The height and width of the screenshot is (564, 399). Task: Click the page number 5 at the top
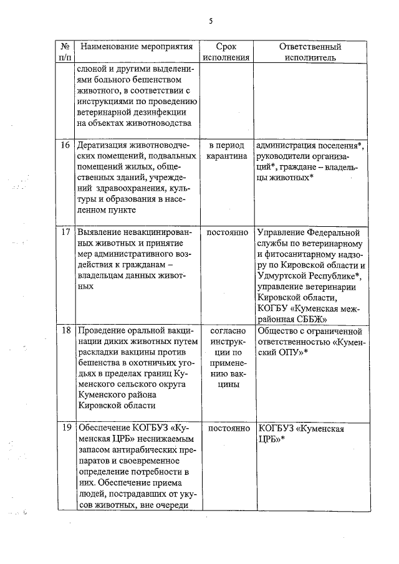click(x=211, y=21)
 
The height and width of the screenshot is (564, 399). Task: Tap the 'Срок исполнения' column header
click(x=226, y=52)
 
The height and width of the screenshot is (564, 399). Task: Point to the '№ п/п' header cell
click(x=65, y=52)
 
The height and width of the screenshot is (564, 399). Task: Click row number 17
click(x=65, y=232)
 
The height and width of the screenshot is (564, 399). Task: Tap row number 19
click(x=65, y=429)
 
